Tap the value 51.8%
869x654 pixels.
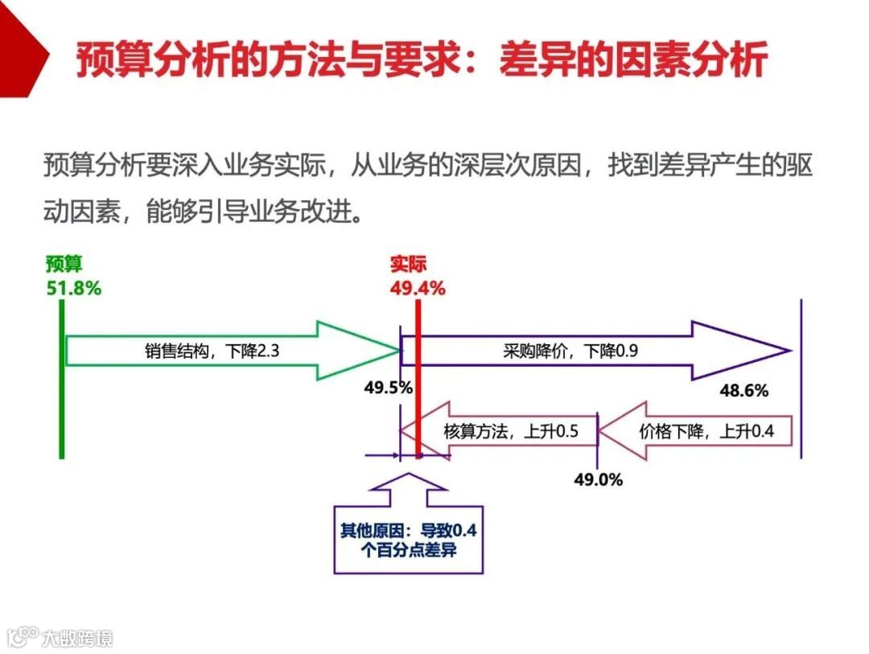(74, 288)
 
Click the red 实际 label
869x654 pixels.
(408, 265)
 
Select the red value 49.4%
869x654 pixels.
(418, 288)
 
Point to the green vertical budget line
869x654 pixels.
(61, 402)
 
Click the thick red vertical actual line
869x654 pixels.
(418, 386)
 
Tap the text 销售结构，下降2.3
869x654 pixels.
(213, 351)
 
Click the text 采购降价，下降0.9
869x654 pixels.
(571, 351)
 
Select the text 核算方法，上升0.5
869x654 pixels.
(511, 431)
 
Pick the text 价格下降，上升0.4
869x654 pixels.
(706, 431)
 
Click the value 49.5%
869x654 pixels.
(388, 388)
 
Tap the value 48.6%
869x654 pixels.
(743, 391)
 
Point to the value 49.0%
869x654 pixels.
(598, 479)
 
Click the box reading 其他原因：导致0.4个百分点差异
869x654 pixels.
(409, 540)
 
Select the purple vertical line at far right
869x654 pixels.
(801, 378)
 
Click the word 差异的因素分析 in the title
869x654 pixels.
(632, 60)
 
